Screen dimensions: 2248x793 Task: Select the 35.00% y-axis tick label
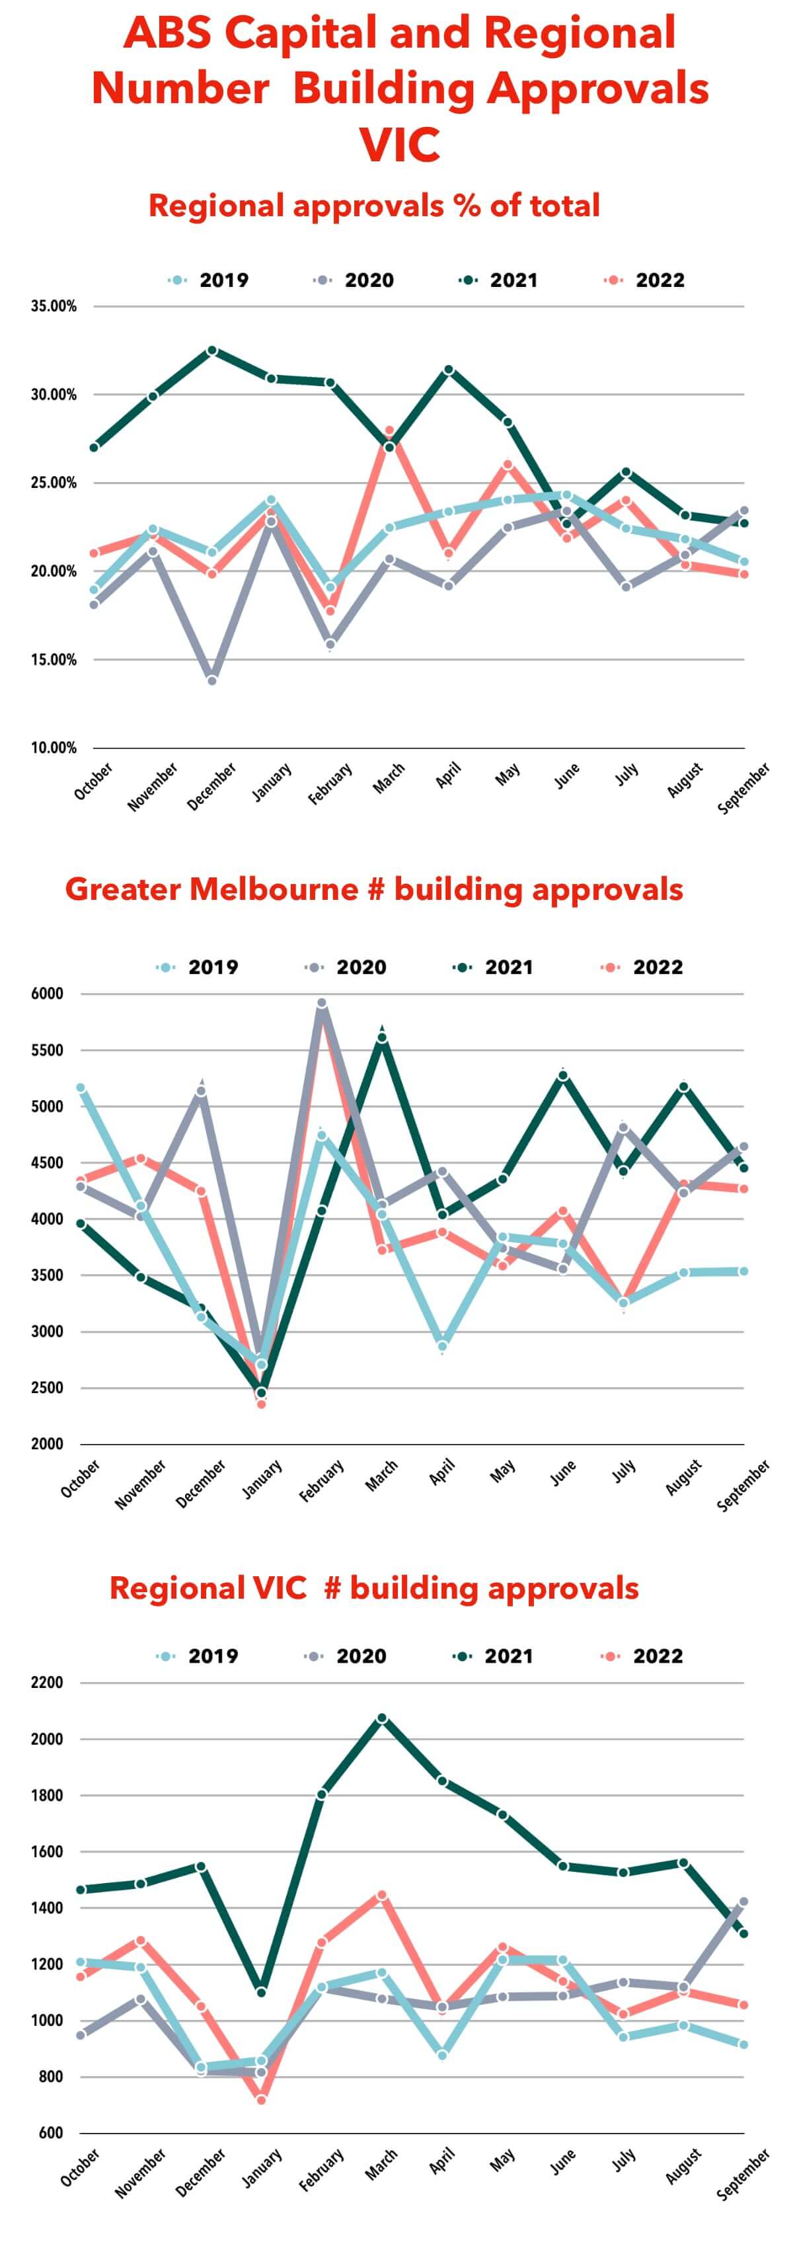click(54, 306)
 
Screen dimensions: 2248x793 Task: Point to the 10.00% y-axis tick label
click(54, 748)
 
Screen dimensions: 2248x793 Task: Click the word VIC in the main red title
click(400, 144)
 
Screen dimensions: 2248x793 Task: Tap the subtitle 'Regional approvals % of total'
click(374, 206)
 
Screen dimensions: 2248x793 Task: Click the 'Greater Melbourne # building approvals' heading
click(374, 889)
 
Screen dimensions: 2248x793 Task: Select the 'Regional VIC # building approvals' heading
click(374, 1588)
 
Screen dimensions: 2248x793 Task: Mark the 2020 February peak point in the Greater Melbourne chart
click(322, 1004)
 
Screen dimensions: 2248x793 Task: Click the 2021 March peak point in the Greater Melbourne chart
click(382, 1037)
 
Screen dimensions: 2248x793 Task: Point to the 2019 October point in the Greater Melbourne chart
click(81, 1088)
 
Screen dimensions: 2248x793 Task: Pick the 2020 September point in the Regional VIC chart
click(744, 1902)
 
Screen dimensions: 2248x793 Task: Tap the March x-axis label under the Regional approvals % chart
click(389, 778)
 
